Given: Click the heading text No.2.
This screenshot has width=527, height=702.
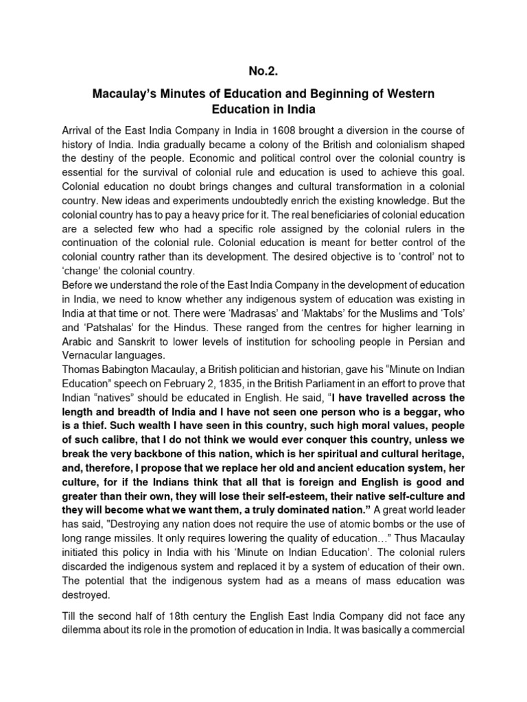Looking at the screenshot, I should click(263, 69).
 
